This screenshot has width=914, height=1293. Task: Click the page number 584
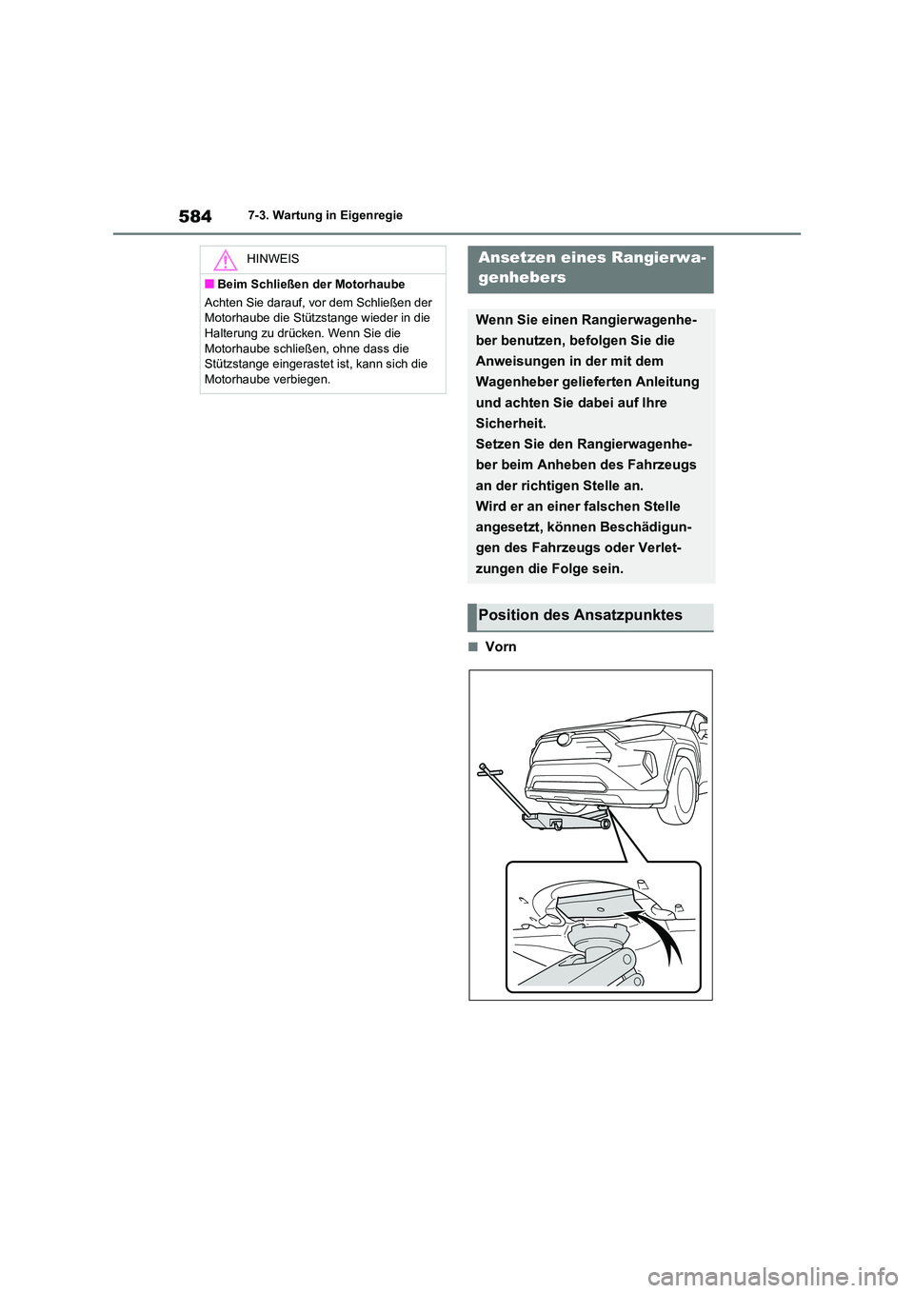tap(195, 216)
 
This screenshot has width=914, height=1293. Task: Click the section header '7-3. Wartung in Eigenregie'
tap(325, 216)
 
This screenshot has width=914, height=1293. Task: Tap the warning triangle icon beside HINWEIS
tap(226, 260)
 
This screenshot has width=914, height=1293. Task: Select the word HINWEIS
tap(272, 259)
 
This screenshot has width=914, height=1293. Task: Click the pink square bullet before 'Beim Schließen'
tap(209, 285)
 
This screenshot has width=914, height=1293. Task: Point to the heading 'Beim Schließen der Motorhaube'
tap(310, 285)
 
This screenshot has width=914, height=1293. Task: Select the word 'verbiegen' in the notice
tap(302, 379)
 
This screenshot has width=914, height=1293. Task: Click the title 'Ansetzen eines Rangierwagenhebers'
tap(590, 268)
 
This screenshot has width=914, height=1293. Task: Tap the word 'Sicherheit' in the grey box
tap(509, 424)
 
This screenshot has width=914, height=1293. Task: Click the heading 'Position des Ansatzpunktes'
tap(580, 615)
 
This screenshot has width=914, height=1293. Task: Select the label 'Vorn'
tap(501, 647)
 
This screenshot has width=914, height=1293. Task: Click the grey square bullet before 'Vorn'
tap(472, 647)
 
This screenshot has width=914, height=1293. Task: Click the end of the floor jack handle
tap(484, 767)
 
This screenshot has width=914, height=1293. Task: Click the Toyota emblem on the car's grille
tap(565, 740)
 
